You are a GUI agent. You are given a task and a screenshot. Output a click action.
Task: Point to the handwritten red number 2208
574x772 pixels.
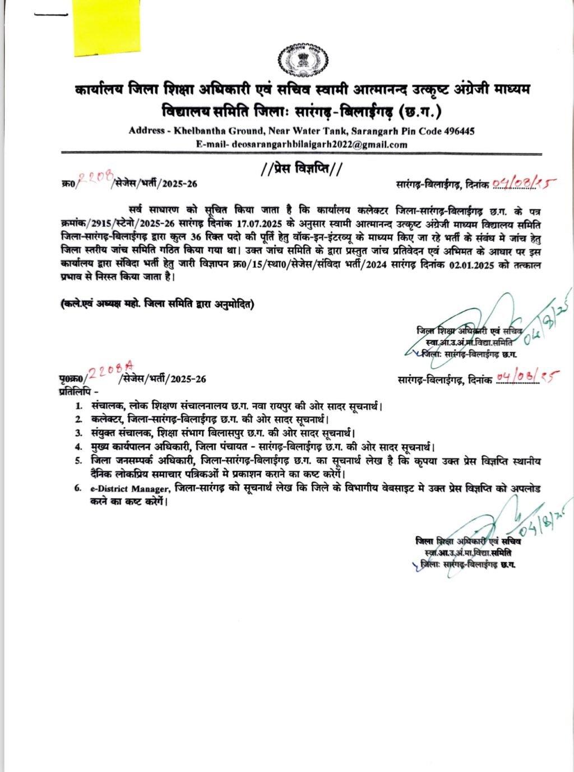click(98, 178)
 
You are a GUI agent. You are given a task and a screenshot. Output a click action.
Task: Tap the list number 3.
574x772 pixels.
click(79, 433)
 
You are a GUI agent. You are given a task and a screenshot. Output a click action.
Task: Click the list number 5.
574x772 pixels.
click(79, 461)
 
